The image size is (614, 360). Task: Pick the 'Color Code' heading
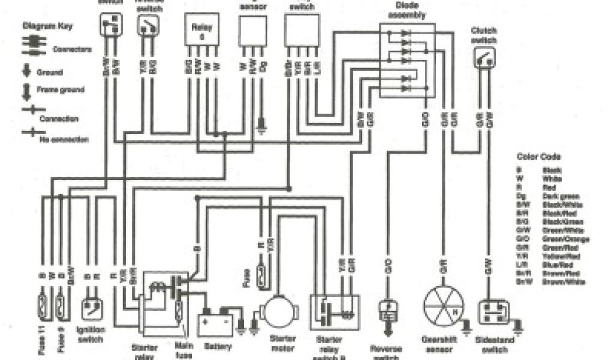[x=534, y=157]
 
